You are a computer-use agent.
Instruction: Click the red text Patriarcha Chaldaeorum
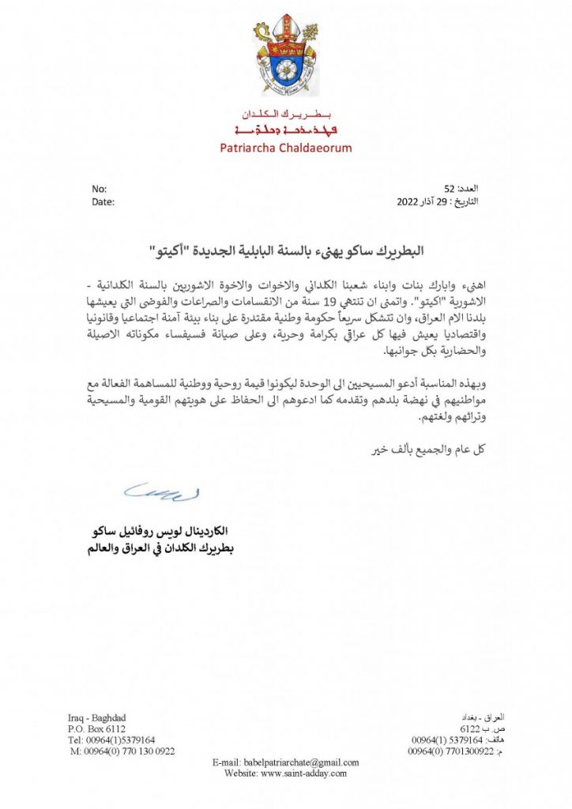[286, 148]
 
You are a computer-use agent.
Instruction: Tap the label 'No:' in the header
[99, 189]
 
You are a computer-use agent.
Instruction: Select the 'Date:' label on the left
[103, 201]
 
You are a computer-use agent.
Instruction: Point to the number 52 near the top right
[449, 189]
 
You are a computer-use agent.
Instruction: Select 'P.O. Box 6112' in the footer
[96, 728]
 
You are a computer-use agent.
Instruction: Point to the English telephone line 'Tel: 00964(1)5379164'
[111, 739]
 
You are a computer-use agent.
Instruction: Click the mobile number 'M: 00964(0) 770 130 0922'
[122, 751]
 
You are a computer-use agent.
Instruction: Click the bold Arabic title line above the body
[285, 251]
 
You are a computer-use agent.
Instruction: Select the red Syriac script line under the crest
[286, 130]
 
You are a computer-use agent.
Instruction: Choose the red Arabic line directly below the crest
[286, 115]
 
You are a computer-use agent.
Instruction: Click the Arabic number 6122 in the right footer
[470, 728]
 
